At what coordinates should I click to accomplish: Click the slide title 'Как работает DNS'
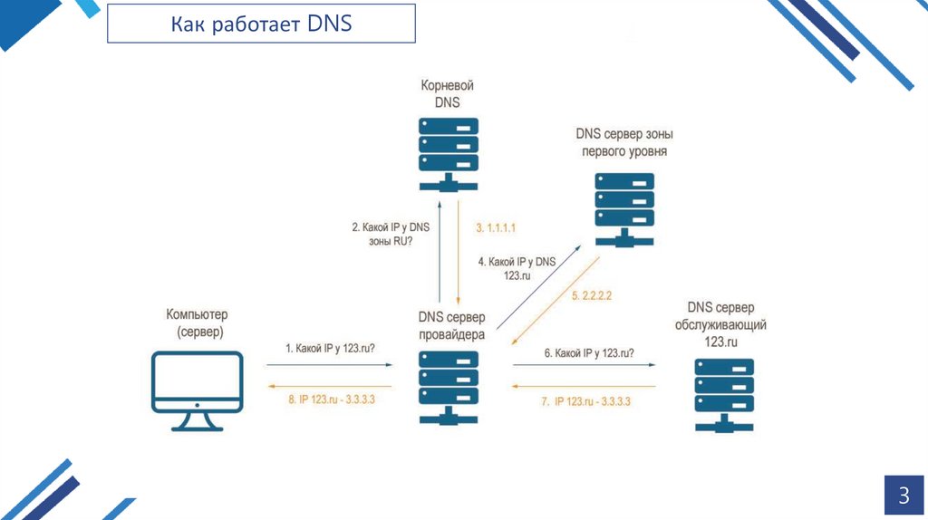coord(262,24)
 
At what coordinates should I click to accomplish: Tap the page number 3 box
coord(903,496)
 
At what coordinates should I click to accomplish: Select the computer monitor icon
coord(198,390)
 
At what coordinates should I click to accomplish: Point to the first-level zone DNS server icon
coord(623,207)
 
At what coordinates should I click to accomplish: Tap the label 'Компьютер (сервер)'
coord(197,323)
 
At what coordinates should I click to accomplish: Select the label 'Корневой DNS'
coord(447,93)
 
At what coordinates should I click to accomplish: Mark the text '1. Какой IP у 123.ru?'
coord(330,348)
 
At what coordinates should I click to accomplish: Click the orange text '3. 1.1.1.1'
coord(496,227)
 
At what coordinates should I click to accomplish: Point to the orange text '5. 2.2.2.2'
coord(592,295)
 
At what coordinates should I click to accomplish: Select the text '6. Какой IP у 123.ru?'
coord(588,352)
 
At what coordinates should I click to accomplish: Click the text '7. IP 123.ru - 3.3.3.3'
coord(586,400)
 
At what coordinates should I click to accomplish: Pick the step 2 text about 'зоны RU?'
coord(390,235)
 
